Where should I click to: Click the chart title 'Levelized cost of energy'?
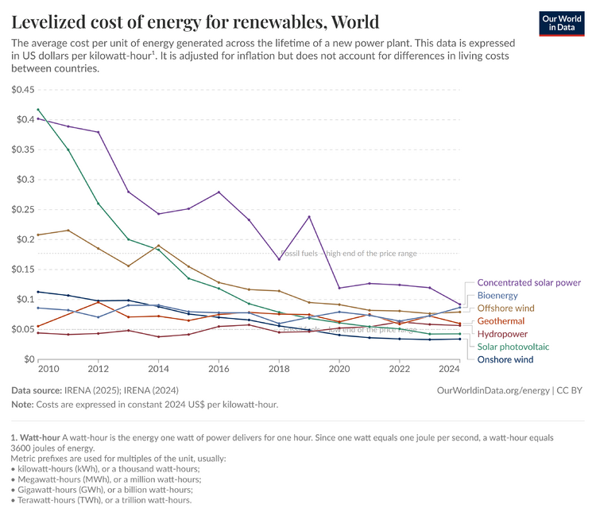195,21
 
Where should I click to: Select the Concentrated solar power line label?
528,282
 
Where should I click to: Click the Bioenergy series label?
497,295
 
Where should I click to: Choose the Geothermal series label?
501,320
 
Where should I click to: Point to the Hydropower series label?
501,333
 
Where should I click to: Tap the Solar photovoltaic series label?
513,347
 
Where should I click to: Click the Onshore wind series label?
505,359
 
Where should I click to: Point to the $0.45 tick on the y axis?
22,89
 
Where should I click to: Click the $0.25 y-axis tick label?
22,180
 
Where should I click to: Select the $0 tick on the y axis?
28,359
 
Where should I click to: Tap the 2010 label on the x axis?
48,370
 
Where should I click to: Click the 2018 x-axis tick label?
279,370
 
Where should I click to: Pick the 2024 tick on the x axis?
449,370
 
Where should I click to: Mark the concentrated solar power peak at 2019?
309,217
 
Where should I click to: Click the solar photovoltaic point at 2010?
39,110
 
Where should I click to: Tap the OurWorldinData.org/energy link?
493,390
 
